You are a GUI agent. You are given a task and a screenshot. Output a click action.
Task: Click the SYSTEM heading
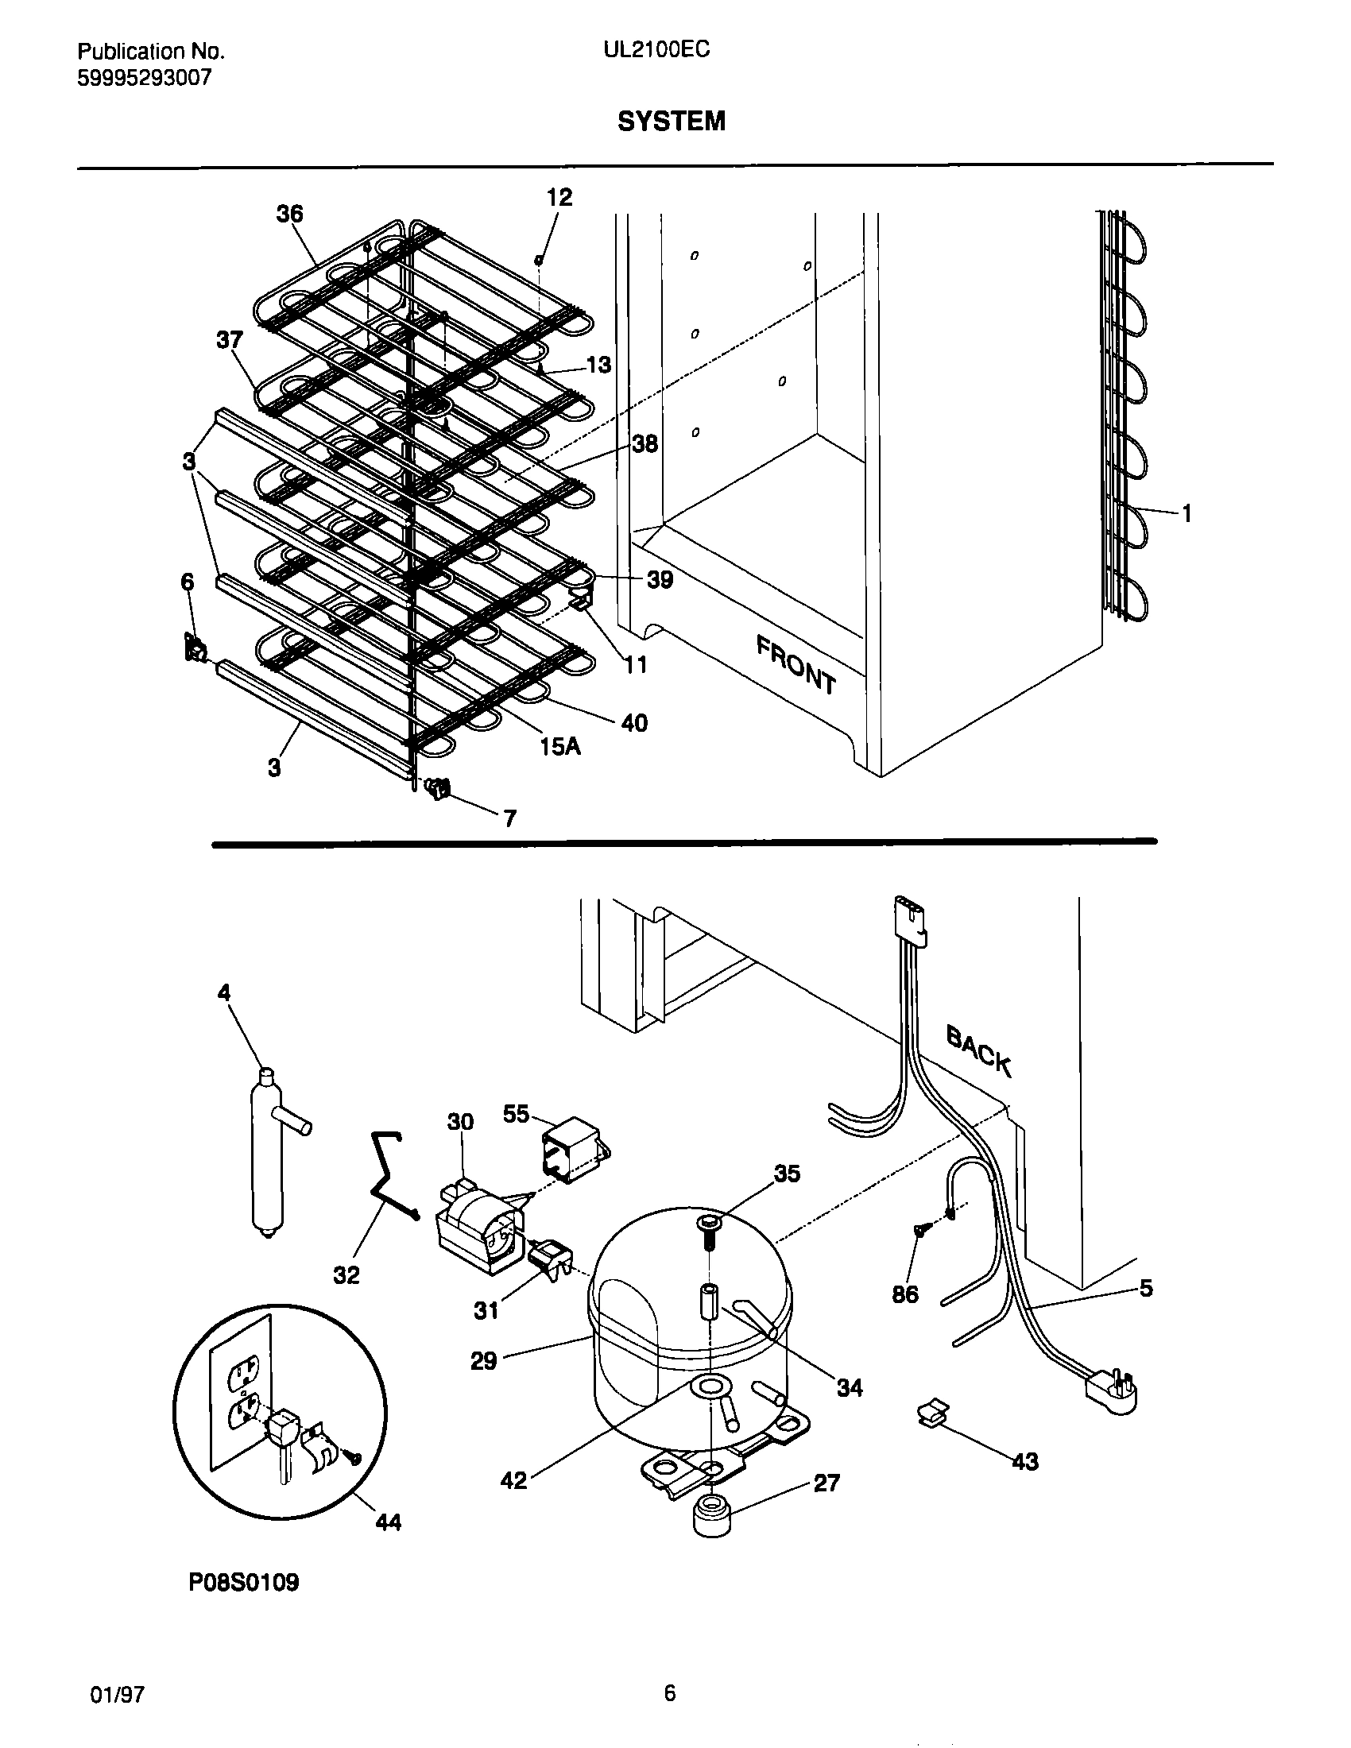coord(671,121)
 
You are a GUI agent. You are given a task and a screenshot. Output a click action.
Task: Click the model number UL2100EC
coord(656,50)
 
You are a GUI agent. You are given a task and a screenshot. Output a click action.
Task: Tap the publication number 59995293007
coord(144,78)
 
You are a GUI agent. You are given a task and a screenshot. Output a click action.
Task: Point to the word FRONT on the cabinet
coord(796,664)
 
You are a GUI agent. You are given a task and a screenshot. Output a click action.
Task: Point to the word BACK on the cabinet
coord(978,1050)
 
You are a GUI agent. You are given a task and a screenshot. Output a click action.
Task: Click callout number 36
coord(290,214)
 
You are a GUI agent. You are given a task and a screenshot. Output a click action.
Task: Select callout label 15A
coord(559,747)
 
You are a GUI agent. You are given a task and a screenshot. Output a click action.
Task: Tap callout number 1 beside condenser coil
coord(1186,515)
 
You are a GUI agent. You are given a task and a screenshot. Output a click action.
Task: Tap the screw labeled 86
coord(920,1232)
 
